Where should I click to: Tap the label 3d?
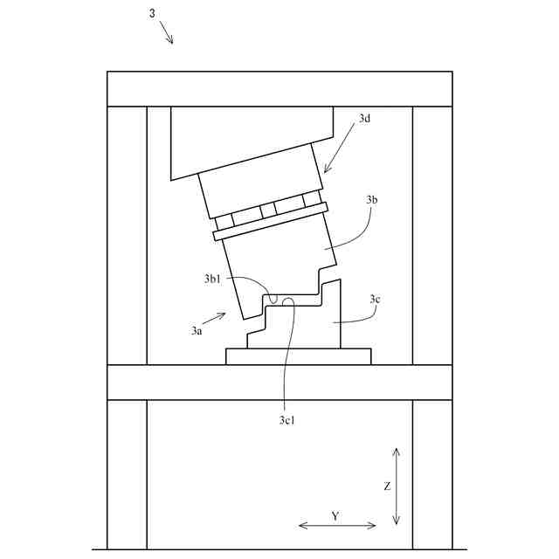365,117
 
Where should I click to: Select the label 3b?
372,200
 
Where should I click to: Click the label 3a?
197,331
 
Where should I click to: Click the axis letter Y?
335,516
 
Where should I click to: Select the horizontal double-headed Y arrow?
337,526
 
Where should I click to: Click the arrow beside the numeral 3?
167,33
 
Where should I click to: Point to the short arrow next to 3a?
216,319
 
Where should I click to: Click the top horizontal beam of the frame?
279,88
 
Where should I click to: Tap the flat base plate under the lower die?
298,356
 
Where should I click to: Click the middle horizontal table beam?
279,382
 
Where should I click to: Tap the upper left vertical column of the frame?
127,234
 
